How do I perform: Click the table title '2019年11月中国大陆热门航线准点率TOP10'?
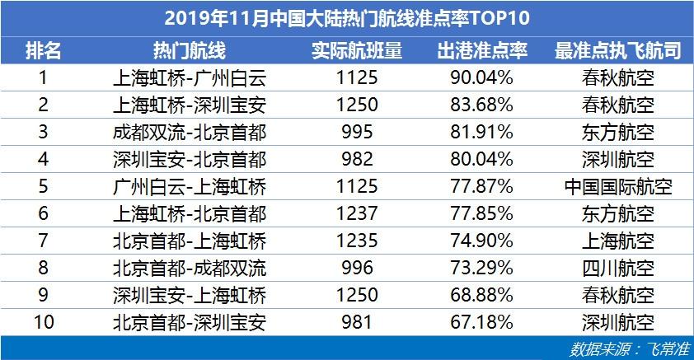pyautogui.click(x=347, y=18)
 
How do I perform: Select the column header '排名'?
pyautogui.click(x=43, y=50)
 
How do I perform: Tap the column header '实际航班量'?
pyautogui.click(x=357, y=50)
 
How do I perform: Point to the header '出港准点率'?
pyautogui.click(x=482, y=50)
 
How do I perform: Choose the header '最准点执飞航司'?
pyautogui.click(x=618, y=50)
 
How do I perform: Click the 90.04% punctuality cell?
pyautogui.click(x=482, y=77)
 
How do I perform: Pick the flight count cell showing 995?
pyautogui.click(x=357, y=132)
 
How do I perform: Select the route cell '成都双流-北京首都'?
pyautogui.click(x=190, y=133)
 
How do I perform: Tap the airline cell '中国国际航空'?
pyautogui.click(x=618, y=186)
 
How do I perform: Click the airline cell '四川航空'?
pyautogui.click(x=618, y=268)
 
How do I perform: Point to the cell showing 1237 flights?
pyautogui.click(x=357, y=213)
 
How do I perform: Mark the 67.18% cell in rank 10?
pyautogui.click(x=482, y=322)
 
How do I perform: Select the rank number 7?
pyautogui.click(x=43, y=241)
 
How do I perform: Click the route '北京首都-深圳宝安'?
pyautogui.click(x=190, y=322)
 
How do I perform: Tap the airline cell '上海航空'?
pyautogui.click(x=618, y=241)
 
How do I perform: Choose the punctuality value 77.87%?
pyautogui.click(x=482, y=186)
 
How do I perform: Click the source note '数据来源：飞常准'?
pyautogui.click(x=630, y=349)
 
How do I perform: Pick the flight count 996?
pyautogui.click(x=357, y=268)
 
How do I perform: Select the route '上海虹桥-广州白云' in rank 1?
pyautogui.click(x=190, y=78)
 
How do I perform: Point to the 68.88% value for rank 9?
pyautogui.click(x=482, y=295)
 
